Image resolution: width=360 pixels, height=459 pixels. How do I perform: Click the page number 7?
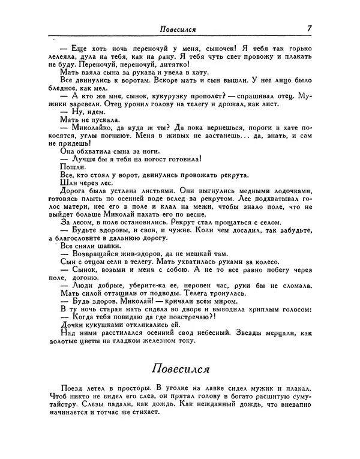tap(308, 28)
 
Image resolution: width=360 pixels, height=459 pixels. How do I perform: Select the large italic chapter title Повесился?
tap(179, 367)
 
